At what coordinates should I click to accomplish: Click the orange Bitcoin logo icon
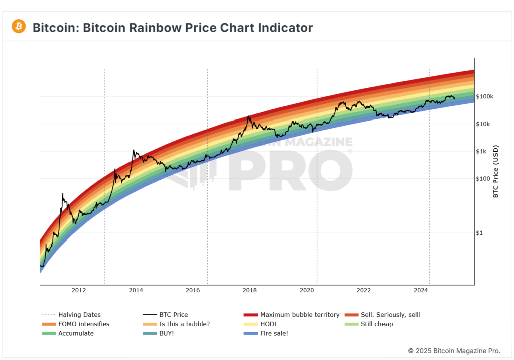click(19, 26)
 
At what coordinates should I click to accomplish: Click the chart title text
click(172, 27)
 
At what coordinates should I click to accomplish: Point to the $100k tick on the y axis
click(485, 96)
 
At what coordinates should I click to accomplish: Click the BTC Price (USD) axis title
click(496, 171)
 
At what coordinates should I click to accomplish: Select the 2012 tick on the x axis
click(79, 290)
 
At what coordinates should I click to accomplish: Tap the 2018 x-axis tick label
click(250, 290)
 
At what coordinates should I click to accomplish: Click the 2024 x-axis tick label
click(421, 290)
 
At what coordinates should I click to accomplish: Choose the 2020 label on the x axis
click(307, 290)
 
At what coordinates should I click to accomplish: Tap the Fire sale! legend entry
click(274, 333)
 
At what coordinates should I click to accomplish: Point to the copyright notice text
click(454, 350)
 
